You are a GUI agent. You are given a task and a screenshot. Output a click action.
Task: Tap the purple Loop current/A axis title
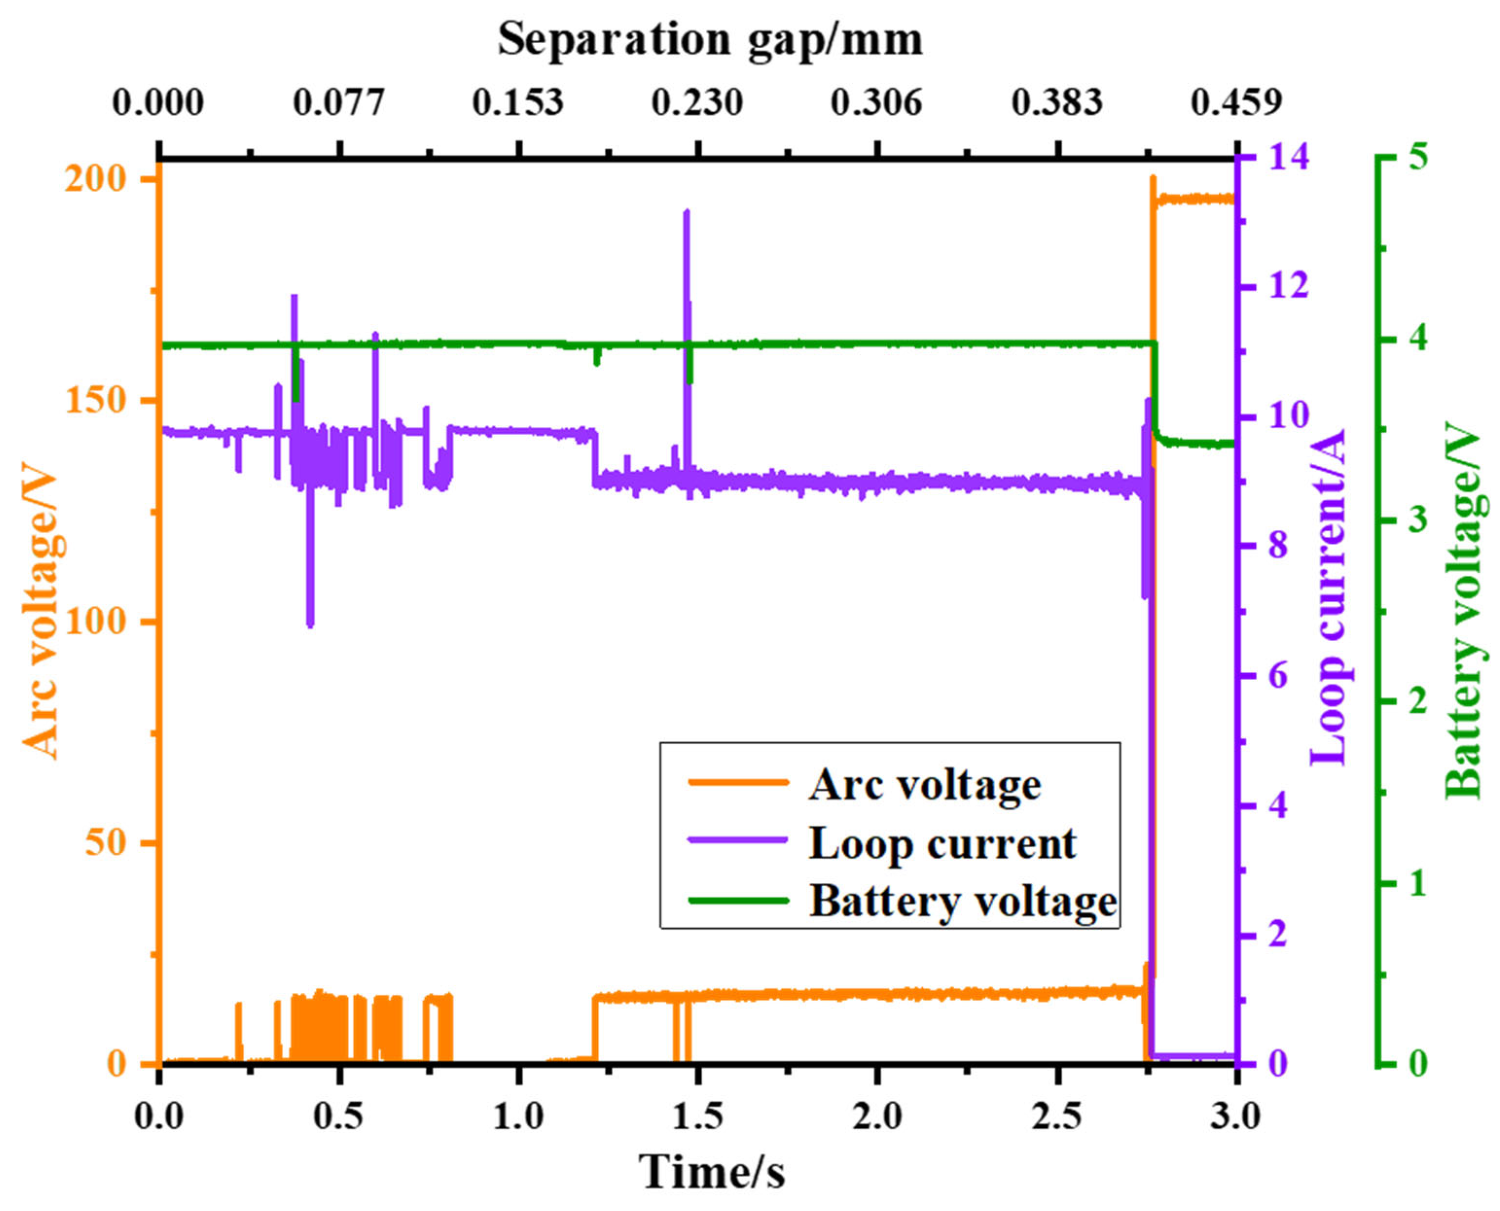pyautogui.click(x=1330, y=597)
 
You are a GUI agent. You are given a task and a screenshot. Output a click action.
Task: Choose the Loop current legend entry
pyautogui.click(x=942, y=843)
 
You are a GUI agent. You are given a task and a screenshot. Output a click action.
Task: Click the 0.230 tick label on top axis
pyautogui.click(x=696, y=103)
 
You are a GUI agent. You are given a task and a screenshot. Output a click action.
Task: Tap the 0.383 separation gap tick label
pyautogui.click(x=1057, y=103)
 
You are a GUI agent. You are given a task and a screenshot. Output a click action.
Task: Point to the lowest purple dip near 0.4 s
pyautogui.click(x=310, y=623)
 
